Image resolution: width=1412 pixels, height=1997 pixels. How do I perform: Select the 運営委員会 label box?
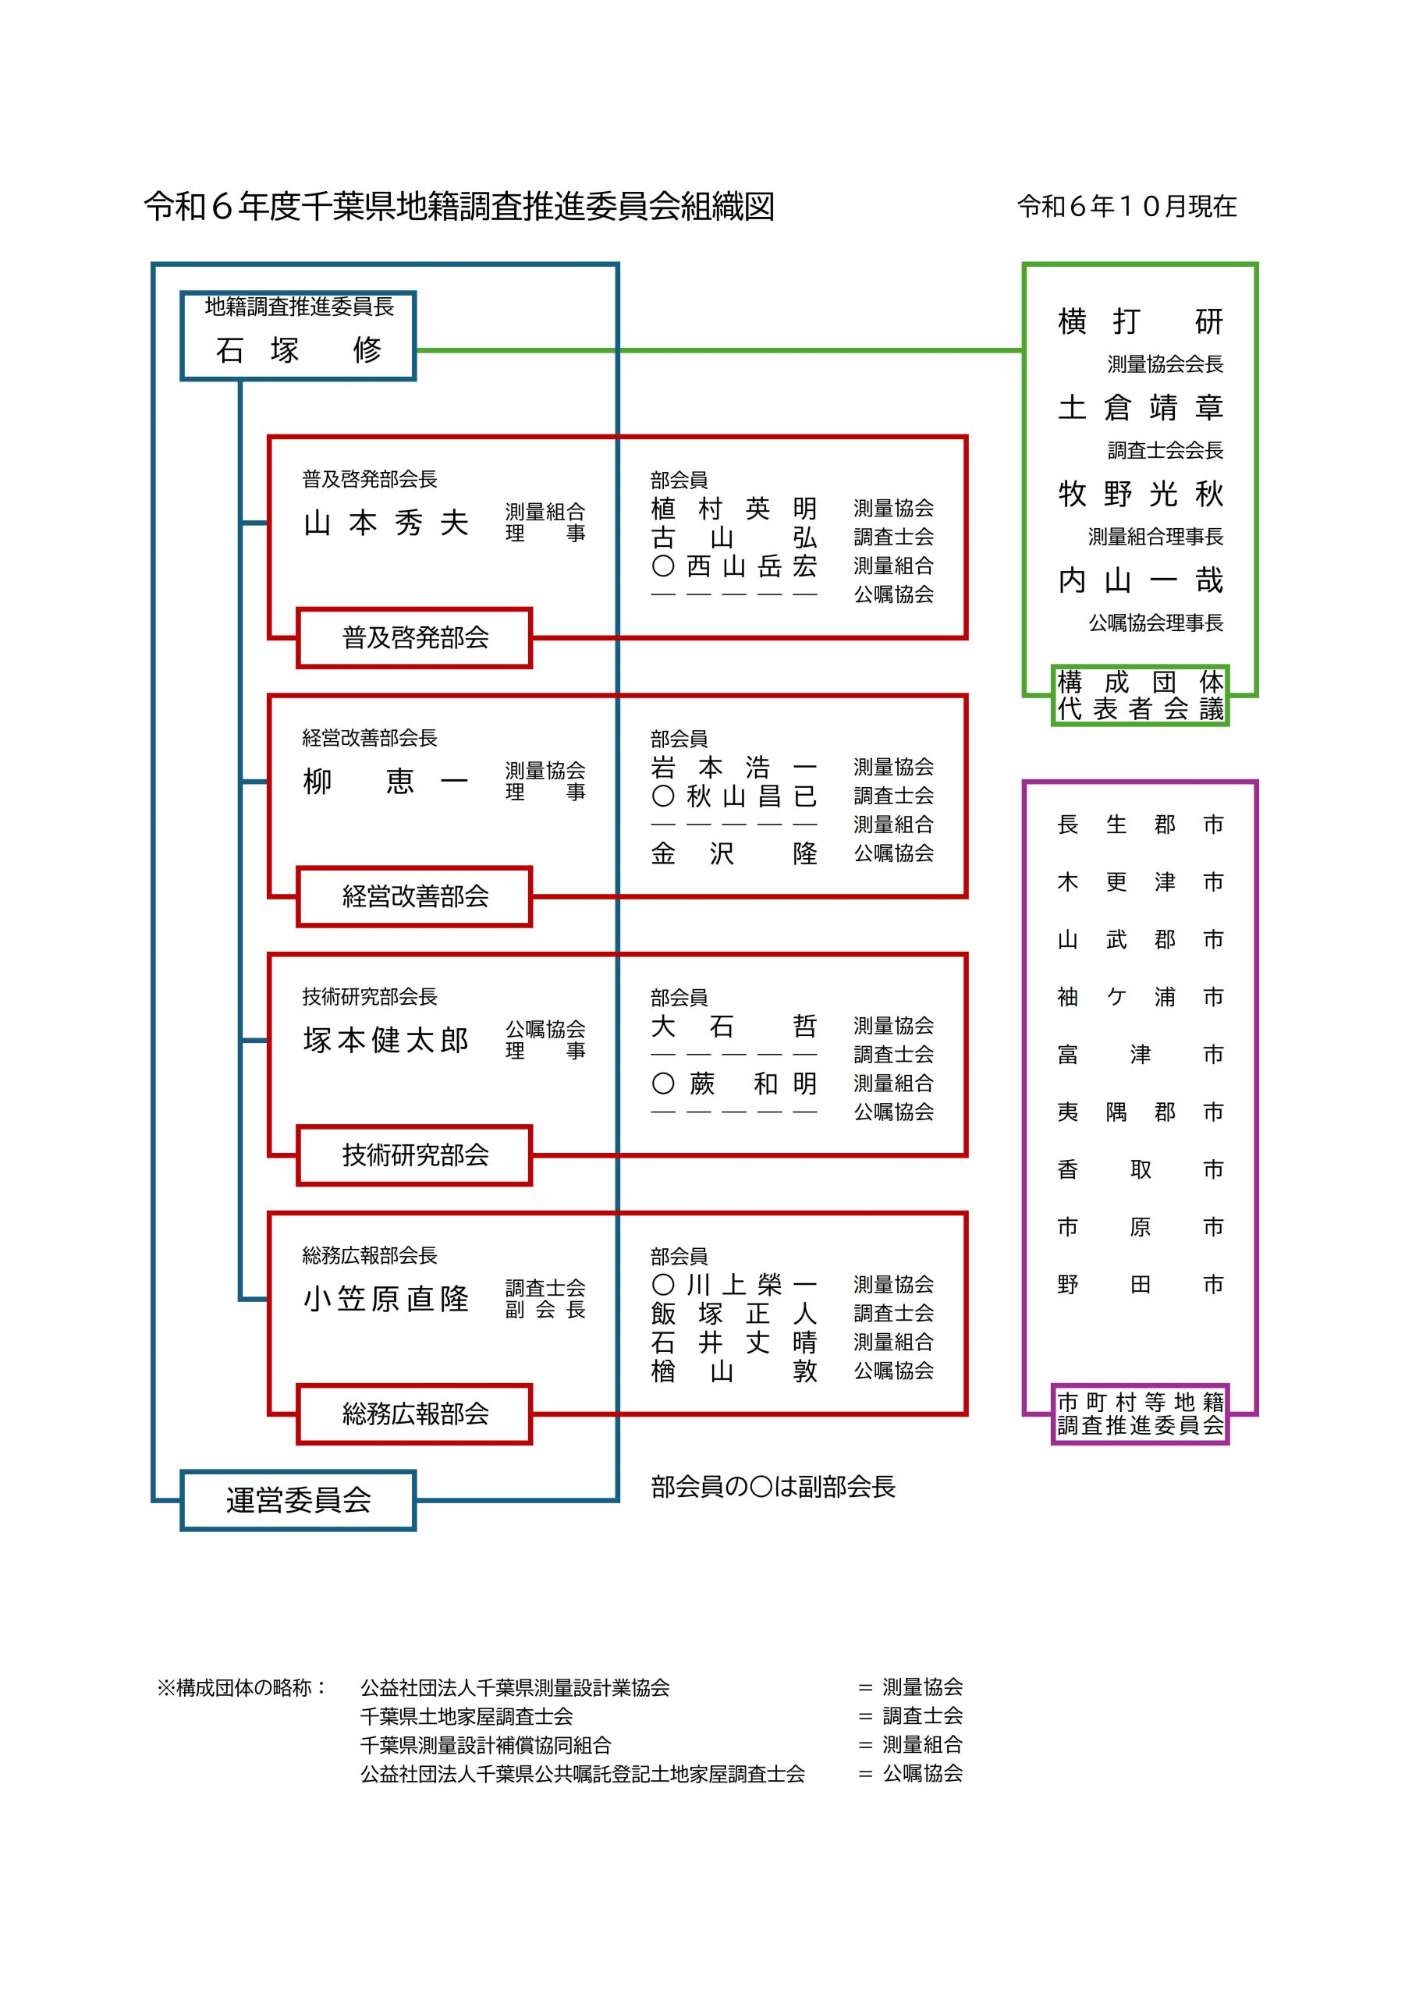click(x=299, y=1499)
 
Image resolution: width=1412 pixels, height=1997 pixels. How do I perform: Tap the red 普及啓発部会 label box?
click(x=414, y=637)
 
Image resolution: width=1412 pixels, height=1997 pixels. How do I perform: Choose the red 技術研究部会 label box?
click(x=414, y=1155)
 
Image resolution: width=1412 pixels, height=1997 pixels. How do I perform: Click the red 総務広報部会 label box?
click(x=414, y=1414)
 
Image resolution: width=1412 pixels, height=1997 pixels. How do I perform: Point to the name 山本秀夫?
click(x=385, y=523)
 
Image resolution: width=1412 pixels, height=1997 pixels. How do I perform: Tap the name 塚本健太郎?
click(x=385, y=1041)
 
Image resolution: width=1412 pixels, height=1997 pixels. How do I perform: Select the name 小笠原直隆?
click(x=385, y=1299)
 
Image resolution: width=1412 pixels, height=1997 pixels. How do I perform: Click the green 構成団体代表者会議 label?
click(x=1140, y=696)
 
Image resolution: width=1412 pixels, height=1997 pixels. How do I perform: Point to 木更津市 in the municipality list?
click(x=1140, y=882)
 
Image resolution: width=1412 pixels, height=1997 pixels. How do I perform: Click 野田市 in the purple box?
click(x=1140, y=1285)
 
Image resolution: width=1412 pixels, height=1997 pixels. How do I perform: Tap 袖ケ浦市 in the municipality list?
click(x=1140, y=997)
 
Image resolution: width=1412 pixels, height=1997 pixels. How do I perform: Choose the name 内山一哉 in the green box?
click(x=1140, y=580)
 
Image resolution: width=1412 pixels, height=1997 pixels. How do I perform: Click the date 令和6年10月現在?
click(x=1126, y=206)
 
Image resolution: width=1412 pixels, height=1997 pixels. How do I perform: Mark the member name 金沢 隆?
click(x=733, y=853)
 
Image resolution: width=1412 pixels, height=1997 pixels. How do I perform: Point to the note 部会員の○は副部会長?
click(x=772, y=1487)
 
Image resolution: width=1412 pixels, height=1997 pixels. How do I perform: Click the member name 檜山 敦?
click(x=733, y=1371)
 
